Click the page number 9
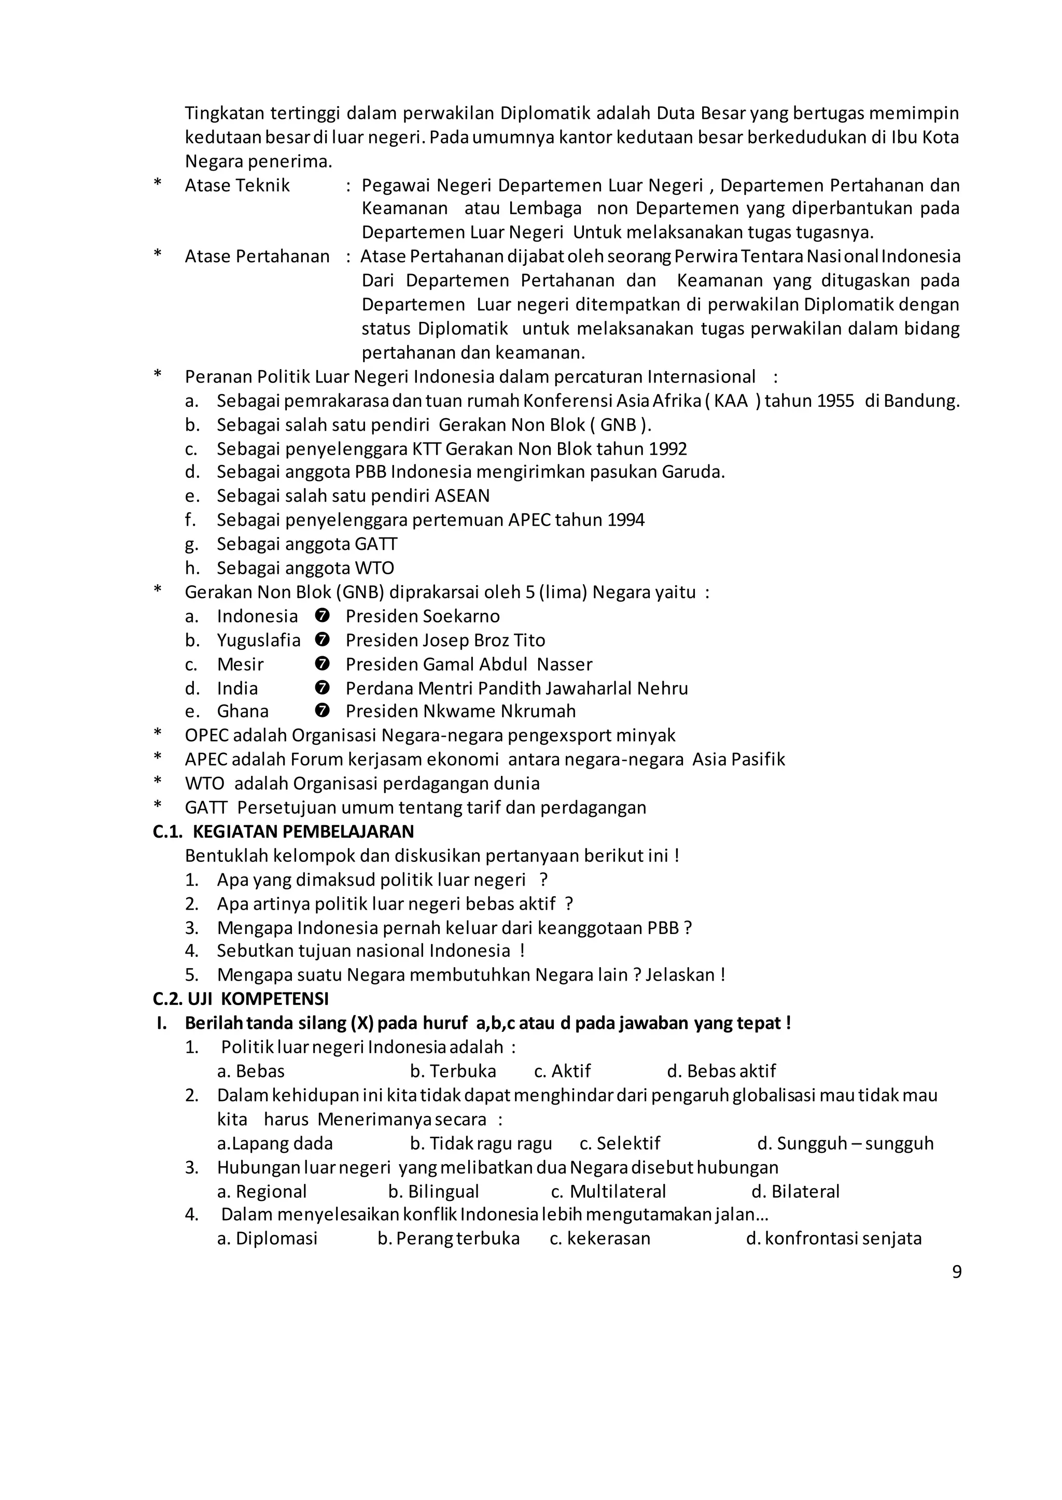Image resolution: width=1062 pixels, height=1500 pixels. point(956,1272)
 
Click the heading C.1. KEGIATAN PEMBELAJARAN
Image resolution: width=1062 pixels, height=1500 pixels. point(283,831)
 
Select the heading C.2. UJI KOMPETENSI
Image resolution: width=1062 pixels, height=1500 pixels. point(241,999)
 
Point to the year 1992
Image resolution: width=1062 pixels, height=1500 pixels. point(668,449)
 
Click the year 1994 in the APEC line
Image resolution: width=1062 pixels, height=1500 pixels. point(625,520)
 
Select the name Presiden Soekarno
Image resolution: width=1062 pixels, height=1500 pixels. point(423,616)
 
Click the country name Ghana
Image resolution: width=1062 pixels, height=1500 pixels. point(243,711)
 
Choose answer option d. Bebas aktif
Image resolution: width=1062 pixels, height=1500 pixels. point(721,1071)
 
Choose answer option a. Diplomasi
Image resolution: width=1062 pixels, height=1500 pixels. point(267,1239)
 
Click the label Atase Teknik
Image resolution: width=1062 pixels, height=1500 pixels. point(237,186)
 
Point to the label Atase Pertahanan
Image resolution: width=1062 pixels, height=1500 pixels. point(257,256)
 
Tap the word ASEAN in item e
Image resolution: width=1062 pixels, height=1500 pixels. point(462,496)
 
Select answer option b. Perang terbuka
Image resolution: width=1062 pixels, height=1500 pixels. point(449,1239)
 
